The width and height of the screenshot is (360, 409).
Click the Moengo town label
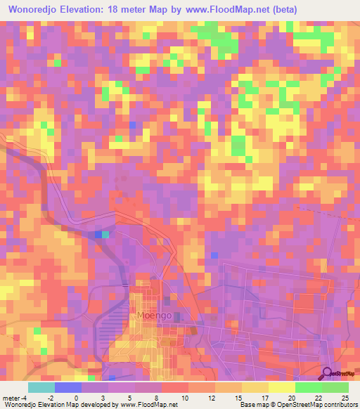coord(155,316)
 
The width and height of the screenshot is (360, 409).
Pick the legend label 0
coord(76,397)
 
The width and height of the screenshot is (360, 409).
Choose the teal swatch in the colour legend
coord(41,387)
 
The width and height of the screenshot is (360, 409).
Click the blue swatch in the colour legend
coord(68,387)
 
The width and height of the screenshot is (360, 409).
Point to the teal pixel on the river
coord(106,235)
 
